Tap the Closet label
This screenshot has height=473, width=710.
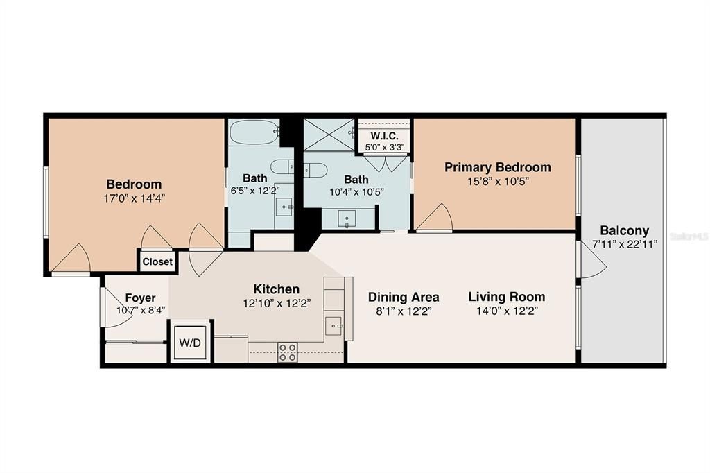(x=157, y=262)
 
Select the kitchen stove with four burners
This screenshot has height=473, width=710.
(x=288, y=352)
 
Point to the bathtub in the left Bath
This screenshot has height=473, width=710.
(x=254, y=132)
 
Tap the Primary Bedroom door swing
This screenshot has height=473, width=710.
(x=435, y=218)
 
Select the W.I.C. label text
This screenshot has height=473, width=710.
(x=384, y=136)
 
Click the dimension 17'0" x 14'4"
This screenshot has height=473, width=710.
(x=134, y=198)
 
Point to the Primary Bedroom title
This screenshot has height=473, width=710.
(x=497, y=167)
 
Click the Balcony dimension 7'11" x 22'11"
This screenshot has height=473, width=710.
(x=624, y=243)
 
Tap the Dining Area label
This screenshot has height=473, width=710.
(x=404, y=297)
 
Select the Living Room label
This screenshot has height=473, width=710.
(x=506, y=297)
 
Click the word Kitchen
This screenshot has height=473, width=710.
(x=276, y=289)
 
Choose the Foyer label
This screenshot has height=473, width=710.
(x=140, y=298)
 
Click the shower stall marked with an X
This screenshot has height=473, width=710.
(x=329, y=134)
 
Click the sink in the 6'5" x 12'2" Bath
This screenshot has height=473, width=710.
(x=284, y=206)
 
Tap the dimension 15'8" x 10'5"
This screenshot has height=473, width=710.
(x=497, y=182)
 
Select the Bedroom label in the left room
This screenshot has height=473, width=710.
(x=134, y=184)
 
